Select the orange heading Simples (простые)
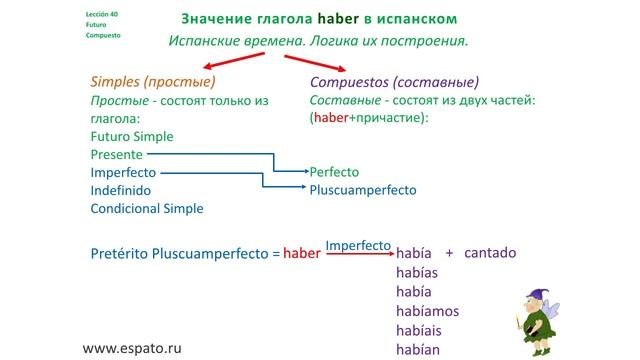pyautogui.click(x=152, y=82)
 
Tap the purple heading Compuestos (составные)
pyautogui.click(x=394, y=82)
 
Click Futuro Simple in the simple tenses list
pyautogui.click(x=133, y=136)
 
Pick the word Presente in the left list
pyautogui.click(x=116, y=154)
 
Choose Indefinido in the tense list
pyautogui.click(x=122, y=190)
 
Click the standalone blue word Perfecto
pyautogui.click(x=334, y=172)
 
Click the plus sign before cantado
pyautogui.click(x=449, y=253)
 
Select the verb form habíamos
pyautogui.click(x=428, y=311)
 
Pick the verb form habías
pyautogui.click(x=418, y=273)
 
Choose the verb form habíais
pyautogui.click(x=420, y=330)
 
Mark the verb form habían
pyautogui.click(x=420, y=349)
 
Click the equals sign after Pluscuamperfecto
pyautogui.click(x=276, y=254)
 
